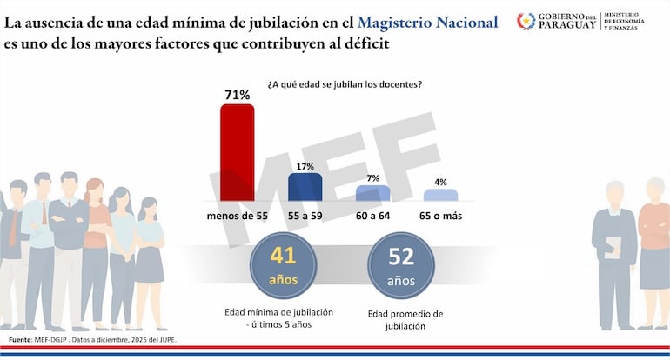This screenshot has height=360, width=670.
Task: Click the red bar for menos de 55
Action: tap(237, 153)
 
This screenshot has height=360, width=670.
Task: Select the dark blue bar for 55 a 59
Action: tap(305, 187)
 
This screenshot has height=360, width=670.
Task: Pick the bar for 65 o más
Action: tap(440, 197)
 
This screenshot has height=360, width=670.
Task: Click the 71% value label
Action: tap(237, 94)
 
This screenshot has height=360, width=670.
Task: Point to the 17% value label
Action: tap(305, 164)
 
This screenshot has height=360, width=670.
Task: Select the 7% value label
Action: tap(372, 177)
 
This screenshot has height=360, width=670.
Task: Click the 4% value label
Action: tap(440, 182)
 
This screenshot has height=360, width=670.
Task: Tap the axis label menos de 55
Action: tap(237, 215)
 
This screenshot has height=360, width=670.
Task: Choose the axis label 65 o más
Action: tap(440, 215)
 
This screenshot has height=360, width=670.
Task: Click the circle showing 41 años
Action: tap(283, 265)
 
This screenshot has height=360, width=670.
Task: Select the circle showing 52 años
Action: tap(400, 265)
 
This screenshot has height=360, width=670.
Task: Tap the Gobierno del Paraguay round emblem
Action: tap(526, 21)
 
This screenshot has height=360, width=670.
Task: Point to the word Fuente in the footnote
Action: tap(19, 339)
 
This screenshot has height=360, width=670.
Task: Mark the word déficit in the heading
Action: tap(358, 42)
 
